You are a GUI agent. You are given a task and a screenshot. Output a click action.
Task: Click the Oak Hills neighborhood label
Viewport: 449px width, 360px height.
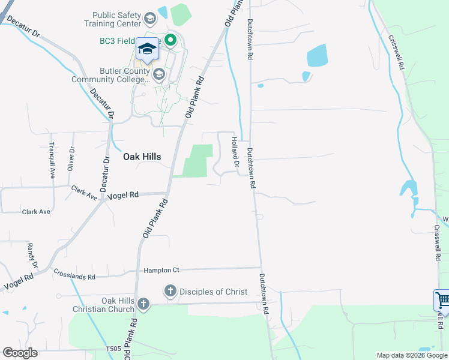[x=142, y=157]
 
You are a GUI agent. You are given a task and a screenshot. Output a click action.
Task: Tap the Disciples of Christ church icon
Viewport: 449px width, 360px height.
[x=170, y=292]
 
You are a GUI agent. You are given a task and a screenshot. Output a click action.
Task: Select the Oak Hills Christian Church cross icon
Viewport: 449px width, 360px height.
[x=143, y=304]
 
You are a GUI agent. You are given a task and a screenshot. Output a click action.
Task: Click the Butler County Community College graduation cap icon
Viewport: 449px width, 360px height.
[x=159, y=74]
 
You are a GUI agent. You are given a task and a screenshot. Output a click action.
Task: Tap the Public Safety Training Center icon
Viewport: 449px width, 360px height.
[x=149, y=22]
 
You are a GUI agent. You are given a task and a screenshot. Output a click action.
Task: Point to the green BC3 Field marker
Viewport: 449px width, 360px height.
[x=170, y=41]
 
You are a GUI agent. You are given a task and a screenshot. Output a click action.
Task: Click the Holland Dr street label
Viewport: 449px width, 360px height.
[x=235, y=152]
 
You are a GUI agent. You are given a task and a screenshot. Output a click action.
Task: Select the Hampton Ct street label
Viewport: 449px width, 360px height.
[x=161, y=271]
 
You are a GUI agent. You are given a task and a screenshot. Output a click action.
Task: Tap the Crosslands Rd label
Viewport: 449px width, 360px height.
[x=74, y=275]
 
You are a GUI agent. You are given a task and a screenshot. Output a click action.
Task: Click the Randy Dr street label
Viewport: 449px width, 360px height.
[x=32, y=256]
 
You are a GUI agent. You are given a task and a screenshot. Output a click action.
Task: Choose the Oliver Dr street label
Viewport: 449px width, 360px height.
[x=71, y=158]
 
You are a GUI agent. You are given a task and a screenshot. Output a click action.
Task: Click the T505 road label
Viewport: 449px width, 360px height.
[x=113, y=349]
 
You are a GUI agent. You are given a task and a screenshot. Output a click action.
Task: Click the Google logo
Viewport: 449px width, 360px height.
[x=20, y=353]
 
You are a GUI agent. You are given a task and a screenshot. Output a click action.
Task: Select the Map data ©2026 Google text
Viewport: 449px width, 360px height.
[x=412, y=355]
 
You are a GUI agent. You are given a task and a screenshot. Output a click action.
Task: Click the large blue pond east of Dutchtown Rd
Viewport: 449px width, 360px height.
[x=317, y=56]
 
